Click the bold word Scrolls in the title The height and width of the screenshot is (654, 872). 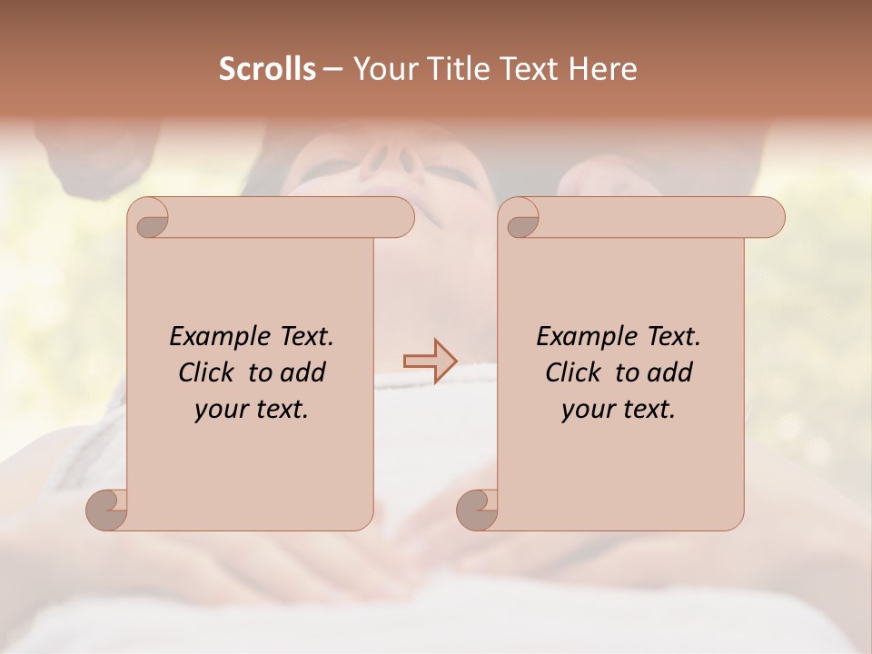[x=267, y=69]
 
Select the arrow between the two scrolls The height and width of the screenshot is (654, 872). [x=431, y=362]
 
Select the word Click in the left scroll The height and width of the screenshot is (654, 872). [x=205, y=372]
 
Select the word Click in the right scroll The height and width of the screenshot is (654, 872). [x=572, y=372]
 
